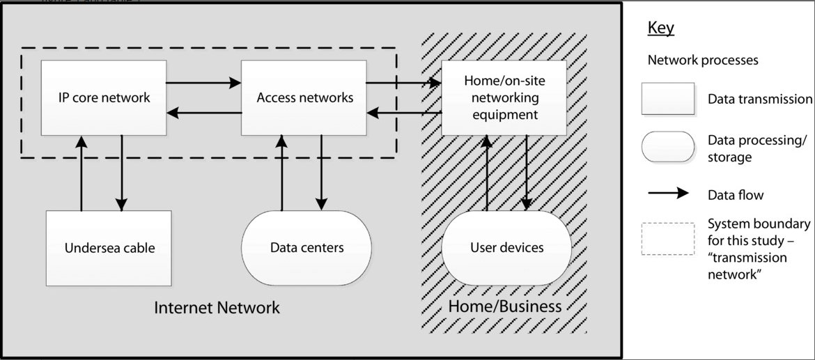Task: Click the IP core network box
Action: coord(103,97)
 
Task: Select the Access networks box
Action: coord(304,97)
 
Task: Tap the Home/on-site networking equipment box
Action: coord(504,97)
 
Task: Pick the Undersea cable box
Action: coord(109,248)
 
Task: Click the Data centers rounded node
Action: coord(306,248)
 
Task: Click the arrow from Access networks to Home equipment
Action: coord(403,83)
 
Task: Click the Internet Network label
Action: coord(217,307)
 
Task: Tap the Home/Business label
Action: coord(504,306)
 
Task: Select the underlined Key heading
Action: coord(661,28)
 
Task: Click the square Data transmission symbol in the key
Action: coord(668,99)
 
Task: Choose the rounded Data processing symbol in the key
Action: coord(668,147)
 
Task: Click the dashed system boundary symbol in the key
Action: coord(668,239)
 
